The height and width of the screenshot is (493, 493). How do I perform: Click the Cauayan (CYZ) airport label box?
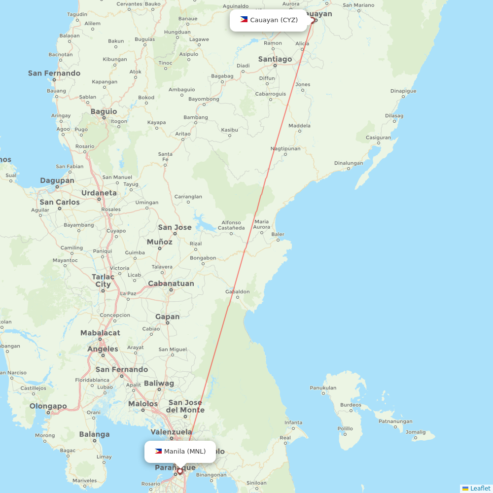[269, 20]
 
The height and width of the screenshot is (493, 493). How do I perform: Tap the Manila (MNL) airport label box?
[180, 452]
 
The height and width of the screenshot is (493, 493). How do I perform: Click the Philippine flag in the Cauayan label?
[244, 20]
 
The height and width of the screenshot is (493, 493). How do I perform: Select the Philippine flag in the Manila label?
[158, 451]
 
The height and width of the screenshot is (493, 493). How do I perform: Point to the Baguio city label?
[104, 111]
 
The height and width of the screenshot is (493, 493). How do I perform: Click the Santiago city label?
[275, 59]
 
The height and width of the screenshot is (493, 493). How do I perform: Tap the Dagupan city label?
[57, 180]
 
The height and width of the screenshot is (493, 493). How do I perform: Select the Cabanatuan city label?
[171, 283]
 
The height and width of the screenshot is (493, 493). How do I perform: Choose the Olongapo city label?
[48, 406]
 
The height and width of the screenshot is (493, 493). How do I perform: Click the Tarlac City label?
[103, 281]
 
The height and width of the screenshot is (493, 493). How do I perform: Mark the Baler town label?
[278, 235]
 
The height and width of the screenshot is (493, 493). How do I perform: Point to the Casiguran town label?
[379, 138]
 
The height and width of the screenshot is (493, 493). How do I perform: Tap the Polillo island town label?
[345, 428]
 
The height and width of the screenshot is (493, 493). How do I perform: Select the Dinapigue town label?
[403, 91]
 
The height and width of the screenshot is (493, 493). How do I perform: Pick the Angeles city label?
[103, 349]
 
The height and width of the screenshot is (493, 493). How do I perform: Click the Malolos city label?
[143, 404]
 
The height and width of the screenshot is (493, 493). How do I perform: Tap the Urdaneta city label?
[99, 193]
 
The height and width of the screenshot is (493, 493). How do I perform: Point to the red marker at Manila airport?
[179, 471]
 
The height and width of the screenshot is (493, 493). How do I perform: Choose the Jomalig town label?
[416, 432]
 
